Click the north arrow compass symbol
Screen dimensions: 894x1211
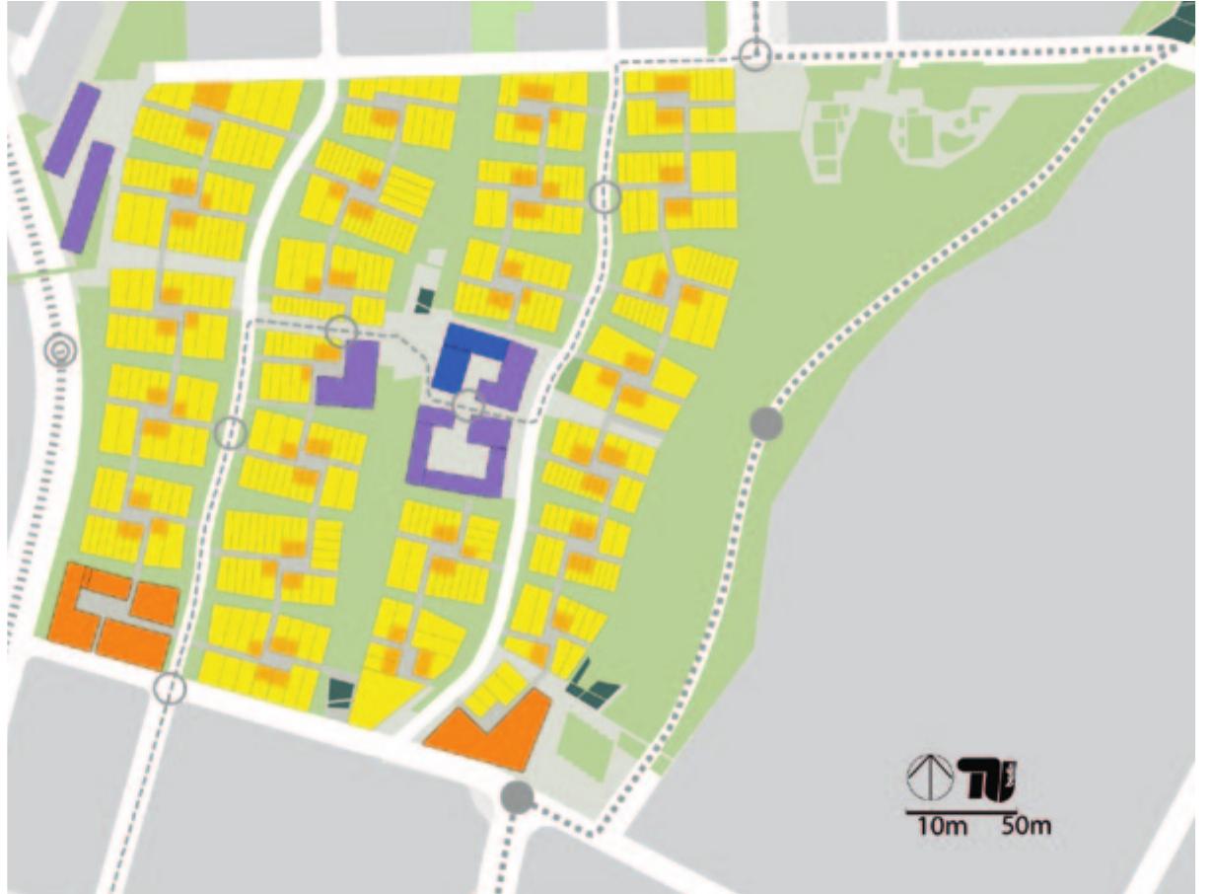[x=929, y=778]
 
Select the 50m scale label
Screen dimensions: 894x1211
[x=1027, y=825]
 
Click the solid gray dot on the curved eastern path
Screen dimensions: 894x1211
[x=766, y=423]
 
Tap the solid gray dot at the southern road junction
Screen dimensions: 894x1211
[x=517, y=796]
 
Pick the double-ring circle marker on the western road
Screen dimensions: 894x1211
[x=61, y=350]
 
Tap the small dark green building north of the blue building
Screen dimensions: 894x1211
[x=425, y=300]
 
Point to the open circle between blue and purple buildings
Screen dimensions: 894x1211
[x=468, y=403]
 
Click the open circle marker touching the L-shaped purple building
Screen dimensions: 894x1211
[x=341, y=331]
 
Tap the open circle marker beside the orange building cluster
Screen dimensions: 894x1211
[x=171, y=688]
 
